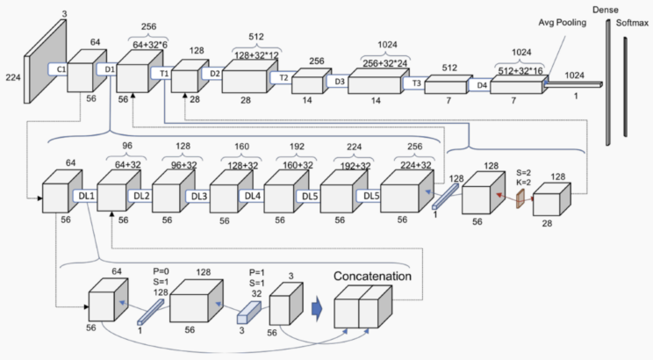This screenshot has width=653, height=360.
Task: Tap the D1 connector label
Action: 109,68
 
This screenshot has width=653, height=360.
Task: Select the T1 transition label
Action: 163,74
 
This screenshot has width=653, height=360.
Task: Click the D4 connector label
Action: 482,86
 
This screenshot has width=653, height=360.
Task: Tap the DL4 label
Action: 254,195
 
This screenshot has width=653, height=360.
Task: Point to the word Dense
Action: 606,8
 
